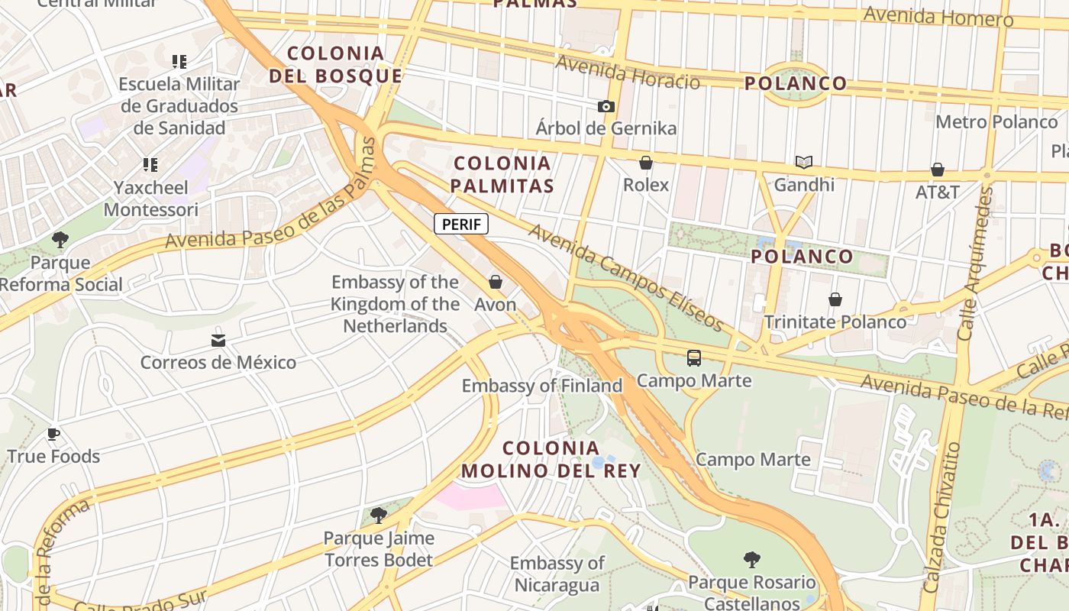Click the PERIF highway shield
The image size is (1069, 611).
(x=461, y=225)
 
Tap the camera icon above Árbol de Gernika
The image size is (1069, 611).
(x=606, y=106)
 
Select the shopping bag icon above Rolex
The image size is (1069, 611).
(x=646, y=163)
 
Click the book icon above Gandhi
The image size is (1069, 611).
(x=803, y=162)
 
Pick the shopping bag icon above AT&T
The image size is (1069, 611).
(x=937, y=170)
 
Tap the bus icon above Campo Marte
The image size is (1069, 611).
(x=693, y=357)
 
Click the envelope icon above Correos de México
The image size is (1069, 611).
(x=218, y=340)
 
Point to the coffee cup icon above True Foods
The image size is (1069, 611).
(x=53, y=435)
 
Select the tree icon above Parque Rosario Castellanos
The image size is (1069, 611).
(x=751, y=560)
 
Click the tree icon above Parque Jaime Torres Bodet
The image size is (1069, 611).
(x=378, y=516)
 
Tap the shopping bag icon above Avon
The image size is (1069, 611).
(x=496, y=282)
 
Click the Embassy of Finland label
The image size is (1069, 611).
(x=542, y=386)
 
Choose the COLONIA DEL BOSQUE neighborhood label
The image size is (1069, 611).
(x=335, y=64)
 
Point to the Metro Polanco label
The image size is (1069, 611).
(x=996, y=121)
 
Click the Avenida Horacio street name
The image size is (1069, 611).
(x=628, y=73)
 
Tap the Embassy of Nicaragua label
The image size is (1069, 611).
(x=557, y=574)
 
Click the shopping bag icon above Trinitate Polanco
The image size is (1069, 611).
(x=835, y=299)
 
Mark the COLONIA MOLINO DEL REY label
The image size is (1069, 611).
(x=551, y=459)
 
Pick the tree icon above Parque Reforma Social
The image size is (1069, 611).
(x=60, y=240)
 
